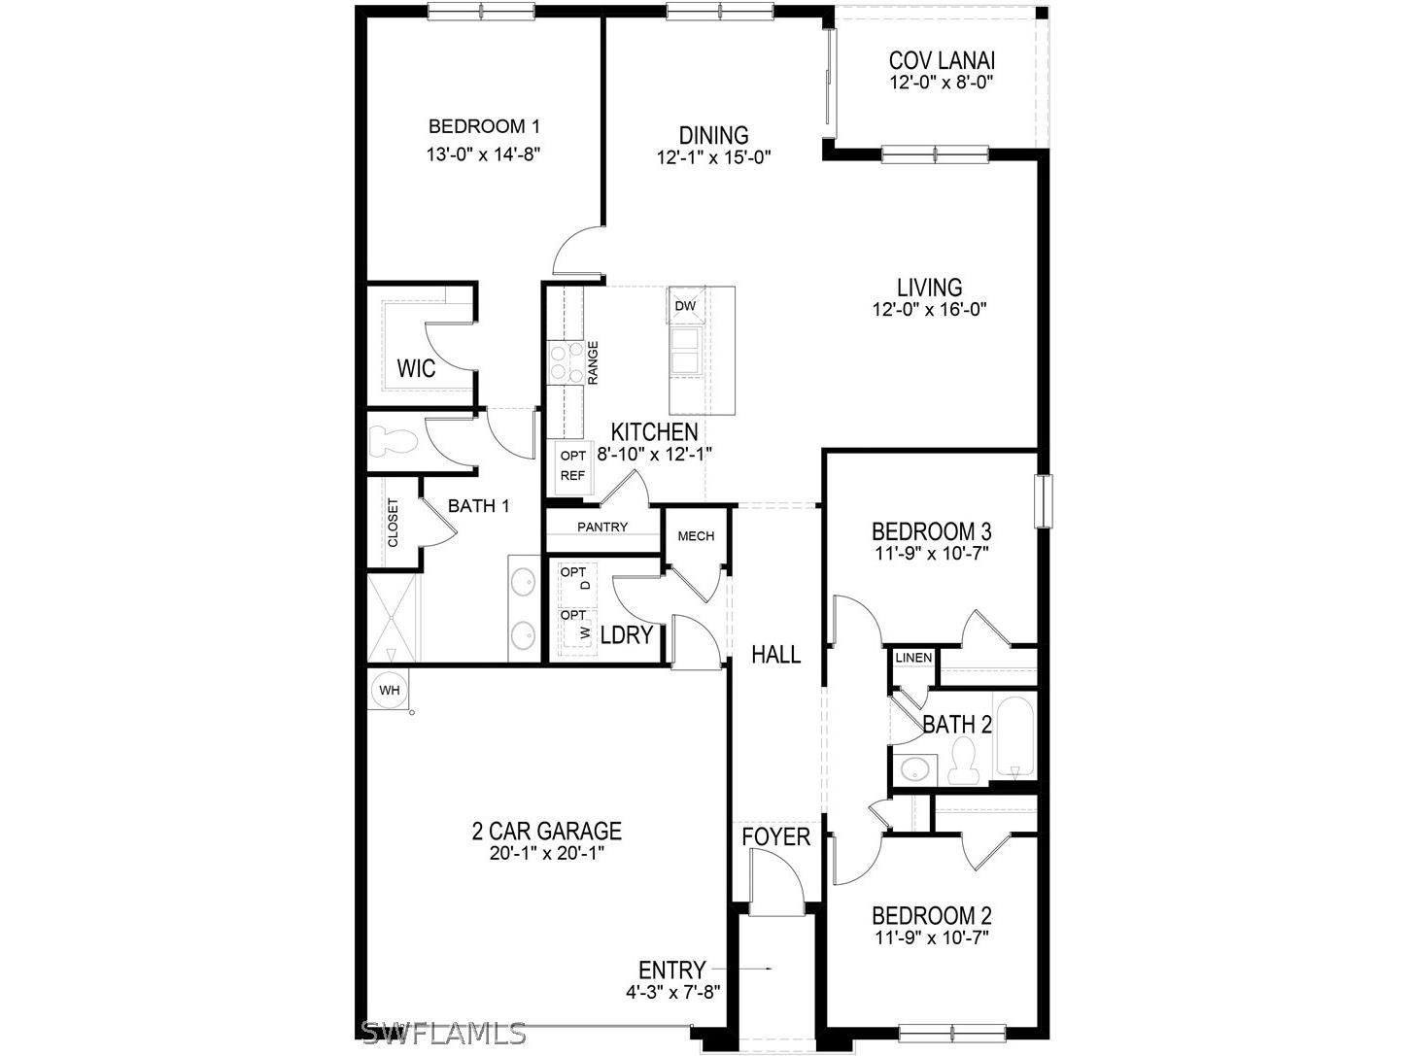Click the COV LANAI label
[942, 60]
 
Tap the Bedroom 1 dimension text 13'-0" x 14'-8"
[484, 153]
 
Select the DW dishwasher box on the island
[685, 306]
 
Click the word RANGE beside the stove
[592, 361]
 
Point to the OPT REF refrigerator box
[572, 465]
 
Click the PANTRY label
[602, 527]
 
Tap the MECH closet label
[696, 536]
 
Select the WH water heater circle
[389, 691]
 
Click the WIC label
[416, 369]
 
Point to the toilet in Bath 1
[393, 441]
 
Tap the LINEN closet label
[913, 658]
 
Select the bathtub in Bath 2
[1014, 735]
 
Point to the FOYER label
[775, 836]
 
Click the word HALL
[776, 655]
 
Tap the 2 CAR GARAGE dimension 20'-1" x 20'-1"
[546, 855]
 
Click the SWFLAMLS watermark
[443, 1033]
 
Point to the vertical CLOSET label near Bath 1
[393, 523]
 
